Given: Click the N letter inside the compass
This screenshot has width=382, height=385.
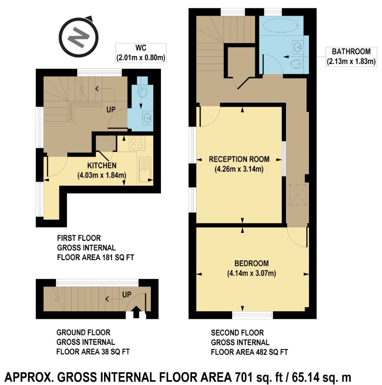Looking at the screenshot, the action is (x=78, y=37).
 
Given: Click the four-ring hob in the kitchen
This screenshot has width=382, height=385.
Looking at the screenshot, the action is (x=137, y=143).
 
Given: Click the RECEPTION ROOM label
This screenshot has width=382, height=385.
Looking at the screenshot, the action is (x=239, y=159).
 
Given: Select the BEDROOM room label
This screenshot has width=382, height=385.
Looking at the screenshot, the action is (x=252, y=264).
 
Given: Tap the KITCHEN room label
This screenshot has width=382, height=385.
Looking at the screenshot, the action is (x=102, y=165).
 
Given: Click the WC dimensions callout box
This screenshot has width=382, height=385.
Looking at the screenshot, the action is (x=141, y=53).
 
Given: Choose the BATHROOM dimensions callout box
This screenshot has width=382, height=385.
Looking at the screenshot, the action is (x=351, y=57).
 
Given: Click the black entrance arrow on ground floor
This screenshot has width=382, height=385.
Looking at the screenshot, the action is (x=136, y=312).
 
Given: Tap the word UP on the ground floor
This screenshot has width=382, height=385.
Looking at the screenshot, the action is (x=127, y=295).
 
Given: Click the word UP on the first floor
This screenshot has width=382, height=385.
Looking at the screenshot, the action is (x=111, y=110).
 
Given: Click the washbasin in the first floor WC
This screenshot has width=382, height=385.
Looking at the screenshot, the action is (x=148, y=118).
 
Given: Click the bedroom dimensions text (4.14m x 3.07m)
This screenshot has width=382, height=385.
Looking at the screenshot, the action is (x=252, y=273).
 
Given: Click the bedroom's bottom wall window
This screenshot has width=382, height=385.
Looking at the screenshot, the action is (x=252, y=315).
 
